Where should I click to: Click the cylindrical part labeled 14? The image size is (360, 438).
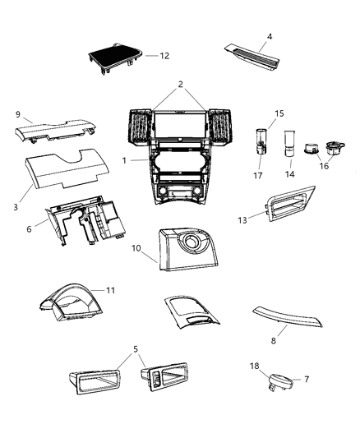(x=288, y=145)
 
